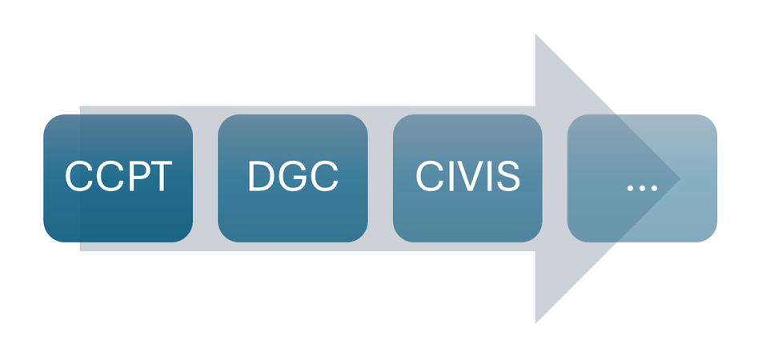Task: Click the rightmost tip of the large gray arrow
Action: coord(680,178)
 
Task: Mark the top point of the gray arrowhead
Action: coord(535,34)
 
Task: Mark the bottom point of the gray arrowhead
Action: coord(535,323)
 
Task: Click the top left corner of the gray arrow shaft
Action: coord(80,106)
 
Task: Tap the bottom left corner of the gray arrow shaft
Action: coord(80,251)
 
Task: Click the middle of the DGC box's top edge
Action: coord(293,114)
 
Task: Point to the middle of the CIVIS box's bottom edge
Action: coord(467,242)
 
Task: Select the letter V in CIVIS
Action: coord(467,176)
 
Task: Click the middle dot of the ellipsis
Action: coord(642,188)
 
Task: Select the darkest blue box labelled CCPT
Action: coord(118,178)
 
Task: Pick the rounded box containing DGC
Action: coord(293,178)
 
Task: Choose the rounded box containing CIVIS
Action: coord(467,178)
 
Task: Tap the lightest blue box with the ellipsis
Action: coord(642,178)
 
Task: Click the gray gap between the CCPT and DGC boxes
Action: coord(206,178)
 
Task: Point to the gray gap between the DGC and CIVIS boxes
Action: coord(380,178)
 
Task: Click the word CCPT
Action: coord(118,176)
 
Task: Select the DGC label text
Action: coord(293,176)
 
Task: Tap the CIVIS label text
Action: coord(467,176)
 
